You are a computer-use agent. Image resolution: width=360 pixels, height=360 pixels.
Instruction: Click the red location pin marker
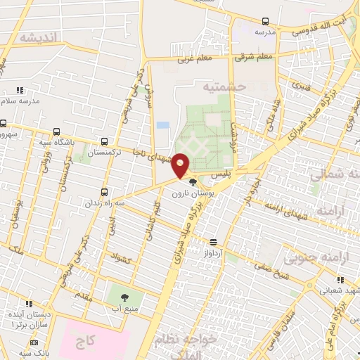181,165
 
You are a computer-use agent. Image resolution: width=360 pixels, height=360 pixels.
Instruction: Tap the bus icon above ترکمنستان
105,141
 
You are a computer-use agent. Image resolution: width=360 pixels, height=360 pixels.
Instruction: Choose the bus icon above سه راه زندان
105,191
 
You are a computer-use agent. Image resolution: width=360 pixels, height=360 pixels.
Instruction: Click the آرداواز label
214,252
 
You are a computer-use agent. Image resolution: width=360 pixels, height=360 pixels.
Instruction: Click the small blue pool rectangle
163,125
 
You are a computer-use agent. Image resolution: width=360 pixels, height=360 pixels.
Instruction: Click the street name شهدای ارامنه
285,209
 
